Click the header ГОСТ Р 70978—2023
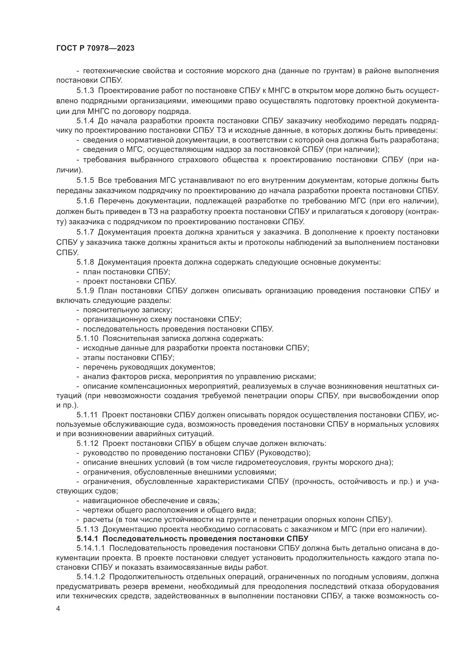click(x=95, y=48)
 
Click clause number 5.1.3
click(x=85, y=91)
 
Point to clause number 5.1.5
click(x=85, y=180)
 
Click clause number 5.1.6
click(x=85, y=201)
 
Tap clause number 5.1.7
click(x=85, y=232)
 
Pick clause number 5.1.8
click(x=85, y=262)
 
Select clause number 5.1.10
click(x=88, y=338)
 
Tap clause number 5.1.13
click(x=88, y=529)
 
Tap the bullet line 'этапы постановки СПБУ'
click(x=128, y=357)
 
